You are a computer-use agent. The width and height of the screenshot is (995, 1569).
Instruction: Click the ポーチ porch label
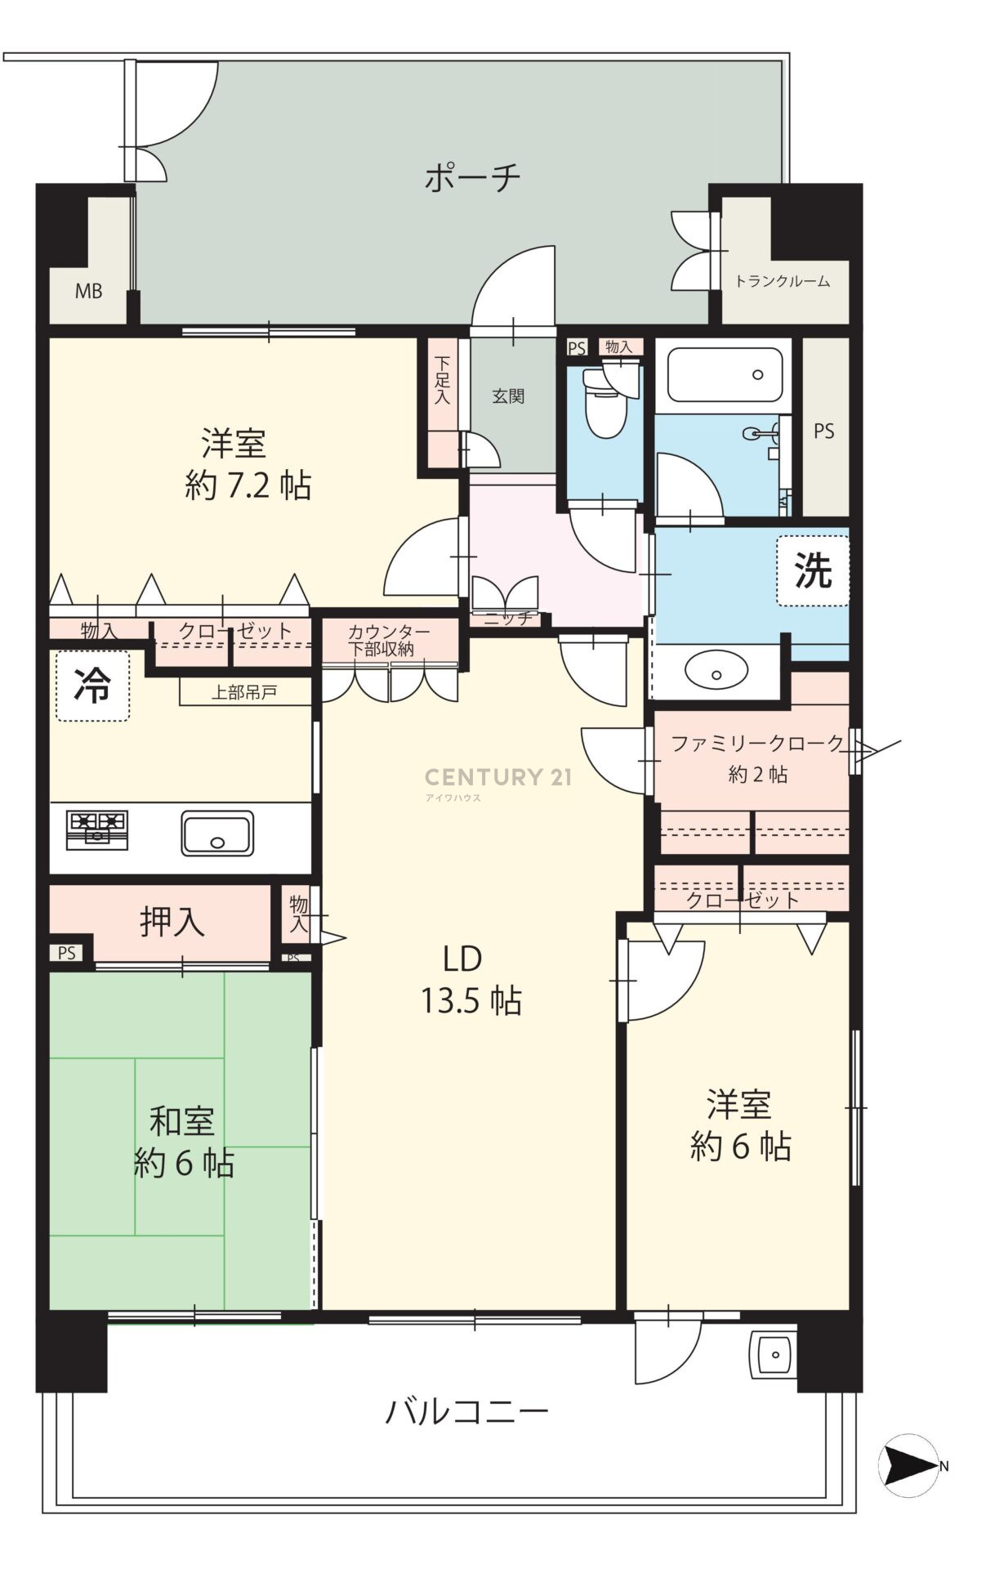coord(472,177)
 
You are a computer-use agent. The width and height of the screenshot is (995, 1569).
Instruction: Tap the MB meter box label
coord(89,291)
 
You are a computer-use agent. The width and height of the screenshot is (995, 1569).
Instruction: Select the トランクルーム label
coord(782,281)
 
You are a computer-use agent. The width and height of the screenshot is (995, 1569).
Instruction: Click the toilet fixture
coord(605,400)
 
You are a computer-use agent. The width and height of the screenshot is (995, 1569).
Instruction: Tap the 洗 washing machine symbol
coord(813,570)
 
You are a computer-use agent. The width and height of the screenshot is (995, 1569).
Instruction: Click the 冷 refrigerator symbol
coord(92,686)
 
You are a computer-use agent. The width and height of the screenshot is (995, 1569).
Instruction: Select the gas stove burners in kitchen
coord(97,829)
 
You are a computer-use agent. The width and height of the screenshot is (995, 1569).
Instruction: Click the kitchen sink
coord(216,833)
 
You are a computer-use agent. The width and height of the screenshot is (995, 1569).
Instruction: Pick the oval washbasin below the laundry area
coord(716,673)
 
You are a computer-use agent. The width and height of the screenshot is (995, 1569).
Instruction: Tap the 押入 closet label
coord(172,922)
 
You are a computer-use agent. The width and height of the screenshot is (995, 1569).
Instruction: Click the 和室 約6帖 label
coord(184,1142)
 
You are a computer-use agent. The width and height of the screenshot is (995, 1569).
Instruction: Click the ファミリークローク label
coord(757,744)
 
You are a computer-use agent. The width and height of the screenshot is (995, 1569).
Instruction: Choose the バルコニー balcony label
coord(466,1411)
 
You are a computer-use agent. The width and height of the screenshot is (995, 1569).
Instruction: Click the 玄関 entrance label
coord(508,396)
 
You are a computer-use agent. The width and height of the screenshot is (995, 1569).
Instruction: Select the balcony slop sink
coord(773,1356)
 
